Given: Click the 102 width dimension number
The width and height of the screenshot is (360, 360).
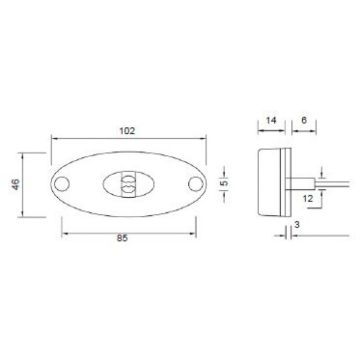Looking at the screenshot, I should [128, 130].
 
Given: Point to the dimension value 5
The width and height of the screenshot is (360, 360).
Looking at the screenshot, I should [226, 185].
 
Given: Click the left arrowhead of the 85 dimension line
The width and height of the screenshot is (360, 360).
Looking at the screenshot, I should [65, 233].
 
